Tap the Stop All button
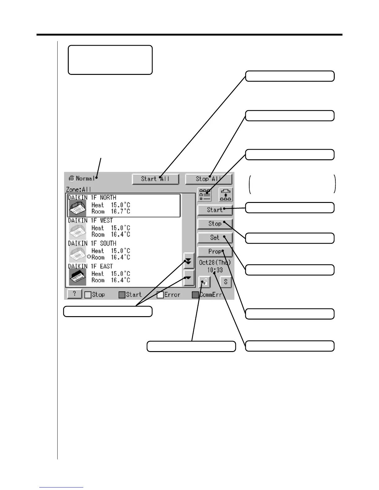(x=208, y=179)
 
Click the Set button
(x=215, y=238)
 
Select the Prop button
(x=215, y=251)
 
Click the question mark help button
(x=74, y=294)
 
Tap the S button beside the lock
(x=226, y=282)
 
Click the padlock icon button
(x=204, y=282)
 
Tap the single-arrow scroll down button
(x=189, y=278)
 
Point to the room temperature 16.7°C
(x=120, y=212)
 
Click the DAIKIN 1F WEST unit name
(x=90, y=221)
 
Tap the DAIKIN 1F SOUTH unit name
(x=92, y=243)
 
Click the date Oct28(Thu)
(x=215, y=263)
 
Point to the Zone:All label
(x=79, y=189)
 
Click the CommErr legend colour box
(x=195, y=295)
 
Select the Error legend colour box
(x=160, y=295)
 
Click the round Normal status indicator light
(x=72, y=178)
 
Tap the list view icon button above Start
(x=204, y=195)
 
